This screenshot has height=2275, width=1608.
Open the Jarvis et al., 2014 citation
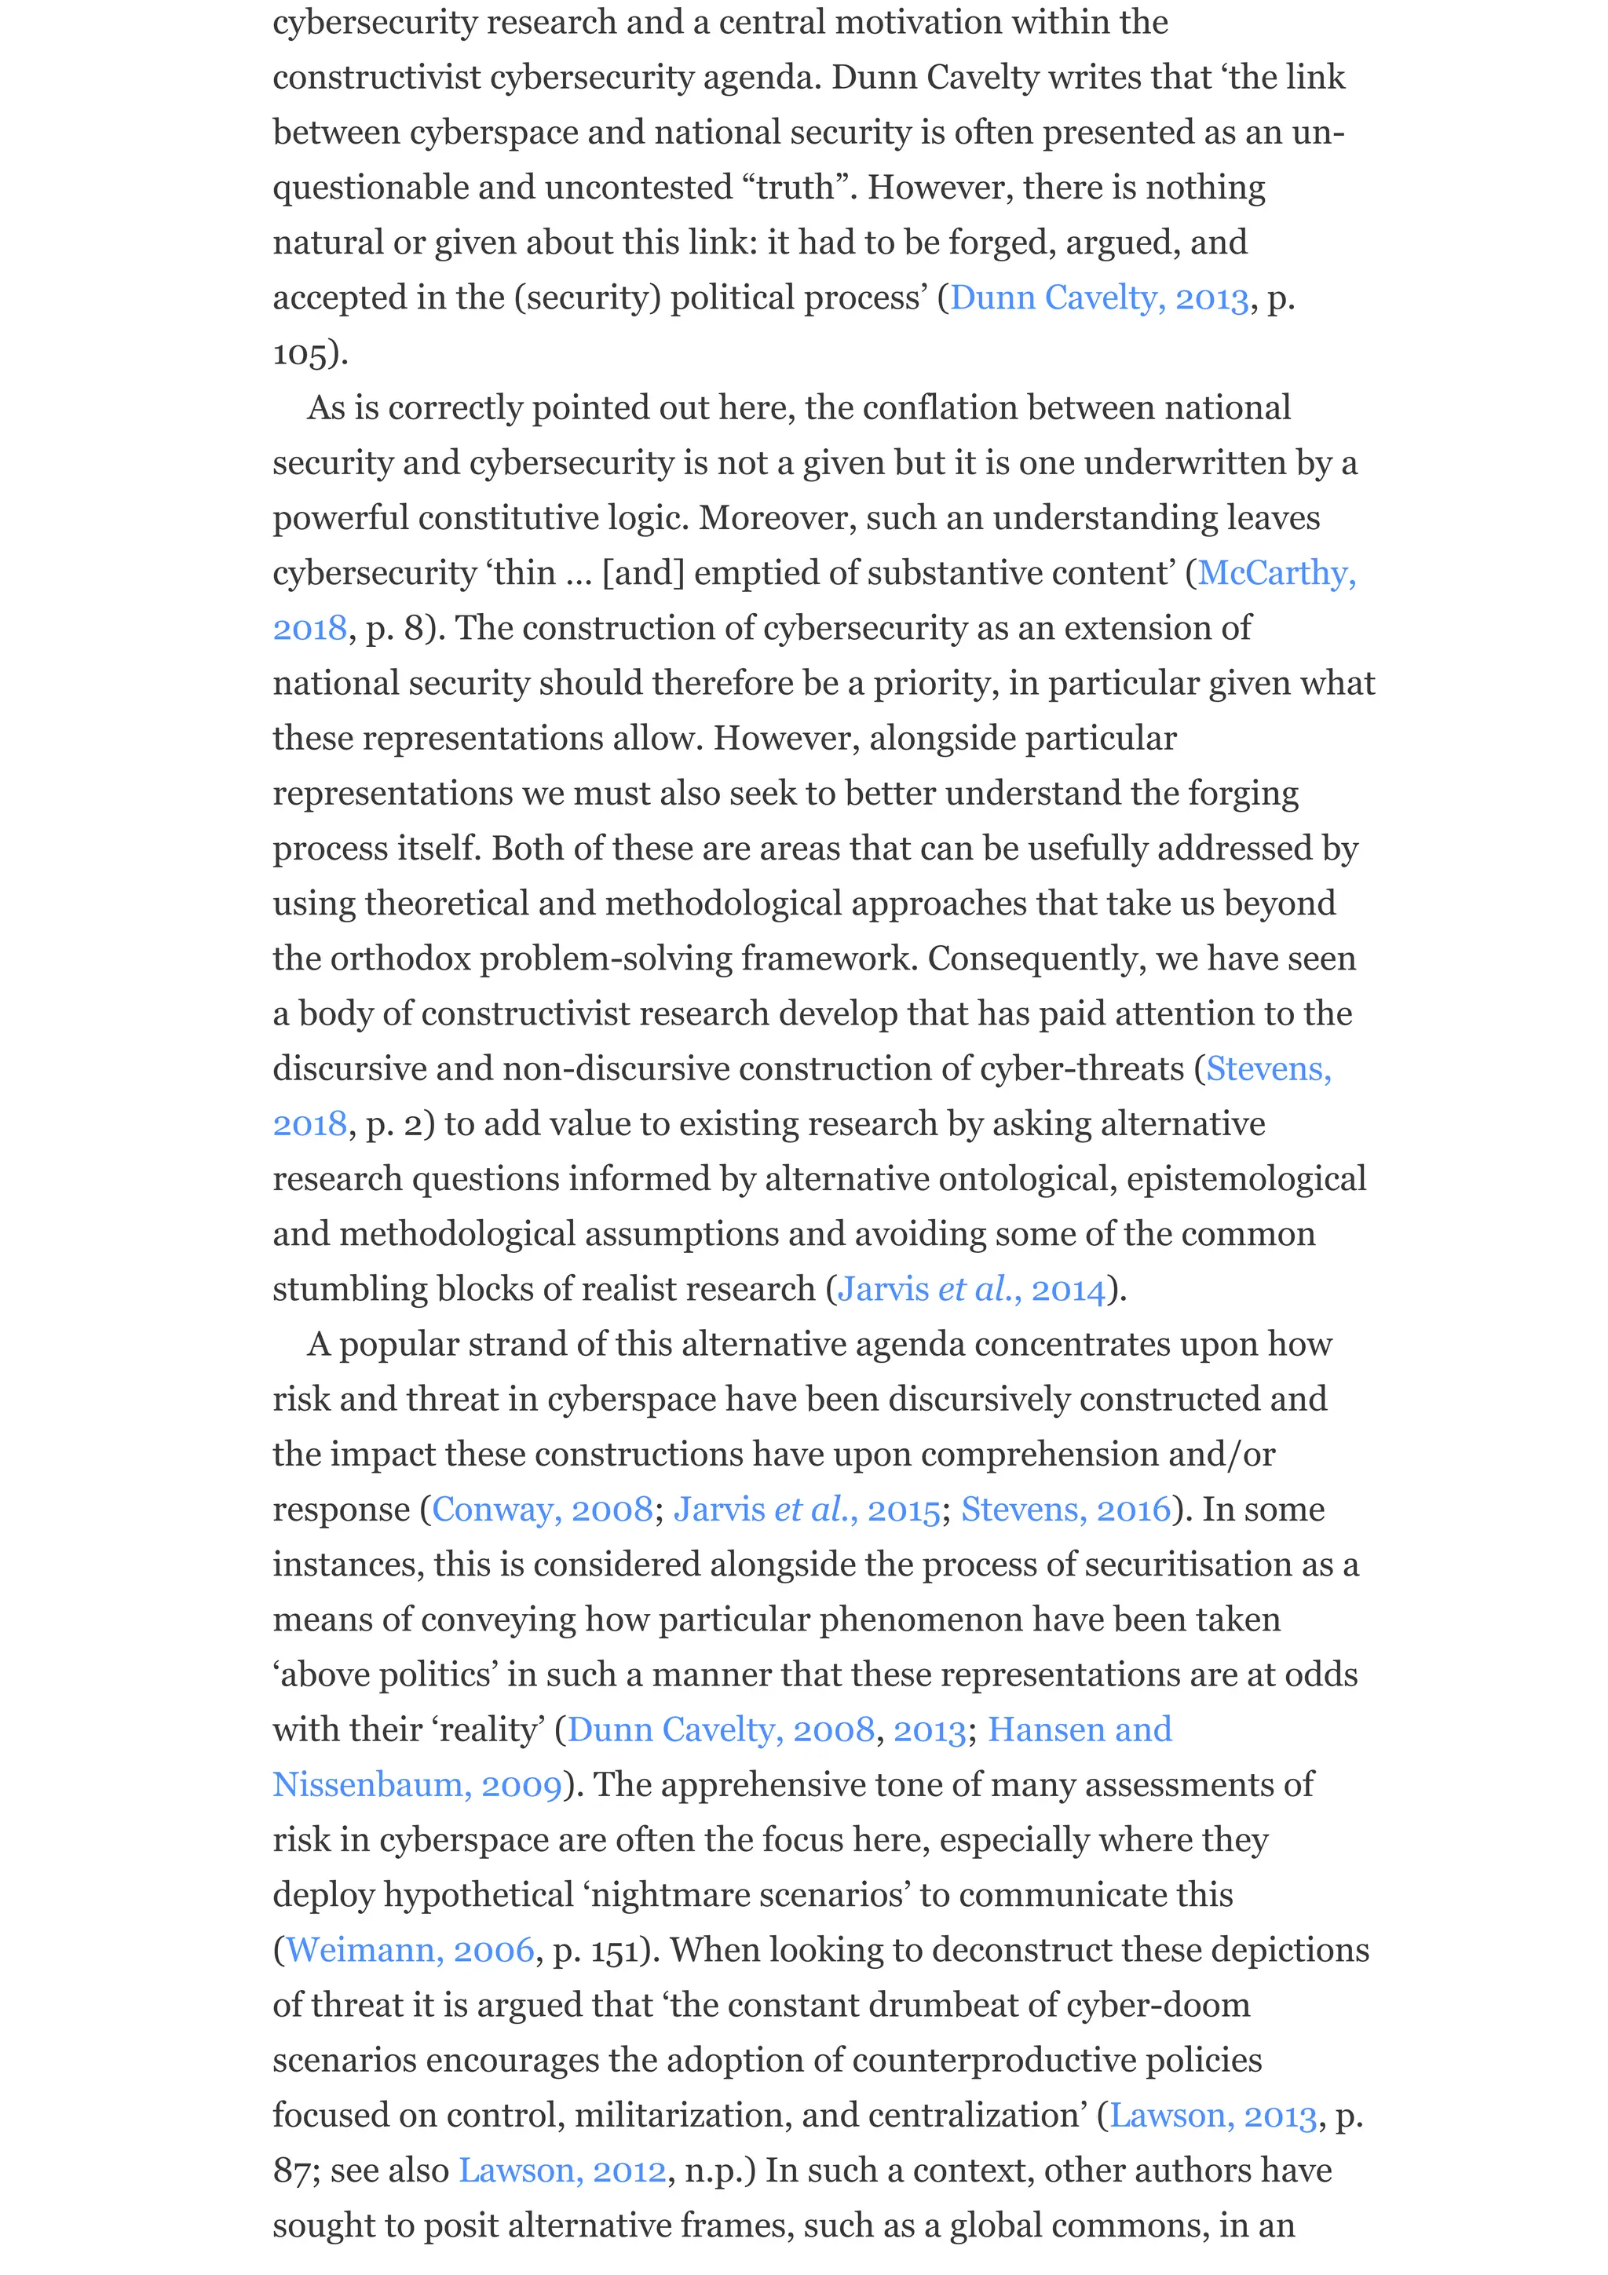pyautogui.click(x=971, y=1289)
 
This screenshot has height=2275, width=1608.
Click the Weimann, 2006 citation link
pyautogui.click(x=410, y=1950)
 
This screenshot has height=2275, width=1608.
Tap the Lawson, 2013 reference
pyautogui.click(x=1213, y=2116)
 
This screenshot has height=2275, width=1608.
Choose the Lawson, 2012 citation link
pyautogui.click(x=561, y=2170)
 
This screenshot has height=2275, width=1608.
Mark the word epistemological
pyautogui.click(x=1246, y=1179)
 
